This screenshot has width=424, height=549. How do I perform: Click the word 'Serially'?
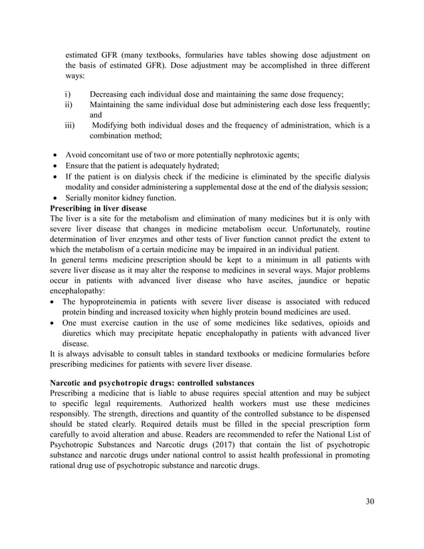[x=79, y=197]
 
